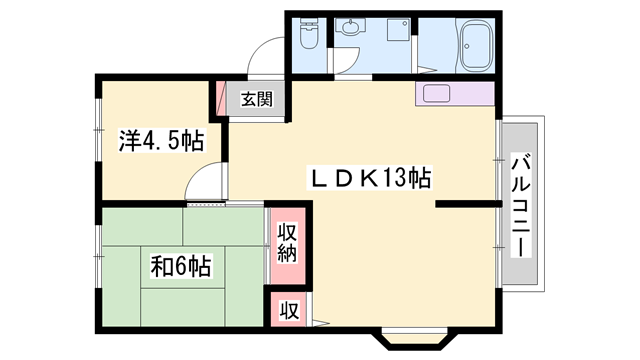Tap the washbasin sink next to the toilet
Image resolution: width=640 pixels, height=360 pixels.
350,30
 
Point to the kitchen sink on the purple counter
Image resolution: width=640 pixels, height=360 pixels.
437,95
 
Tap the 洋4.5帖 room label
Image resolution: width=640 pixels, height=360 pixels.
160,141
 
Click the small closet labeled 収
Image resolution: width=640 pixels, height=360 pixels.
287,310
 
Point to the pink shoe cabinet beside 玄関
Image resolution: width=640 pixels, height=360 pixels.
220,98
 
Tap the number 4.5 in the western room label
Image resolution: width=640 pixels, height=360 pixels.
163,141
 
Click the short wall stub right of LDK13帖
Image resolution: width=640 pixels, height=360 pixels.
466,205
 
